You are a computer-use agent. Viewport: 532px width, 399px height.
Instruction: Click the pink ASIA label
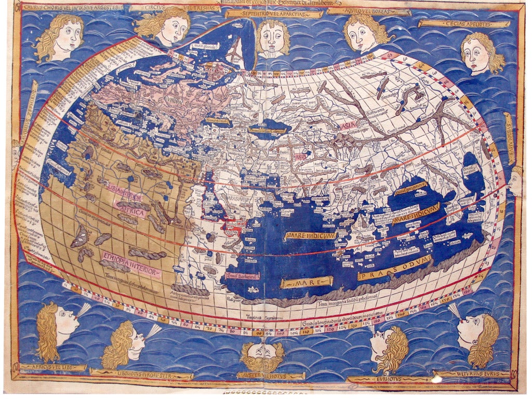point(346,126)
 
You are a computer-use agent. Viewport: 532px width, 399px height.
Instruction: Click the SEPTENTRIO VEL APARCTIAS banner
point(274,14)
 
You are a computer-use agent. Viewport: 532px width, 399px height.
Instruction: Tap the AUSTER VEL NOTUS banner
point(262,375)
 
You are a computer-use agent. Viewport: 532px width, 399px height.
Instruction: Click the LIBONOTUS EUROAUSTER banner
point(141,374)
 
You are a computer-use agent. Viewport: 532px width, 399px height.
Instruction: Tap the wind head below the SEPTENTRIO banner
point(272,39)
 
